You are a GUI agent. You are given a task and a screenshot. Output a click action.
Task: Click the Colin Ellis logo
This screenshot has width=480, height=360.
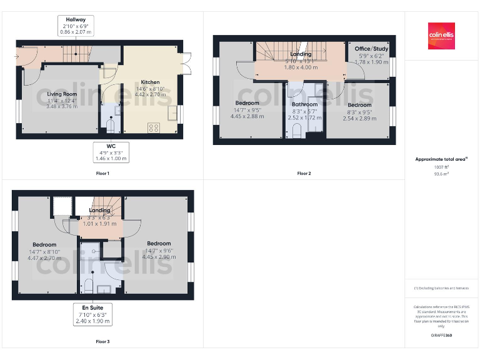click(x=441, y=36)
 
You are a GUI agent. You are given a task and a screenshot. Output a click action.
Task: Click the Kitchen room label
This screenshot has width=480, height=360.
click(x=150, y=82)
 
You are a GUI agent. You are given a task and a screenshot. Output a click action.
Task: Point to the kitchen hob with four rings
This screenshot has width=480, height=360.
click(x=152, y=128)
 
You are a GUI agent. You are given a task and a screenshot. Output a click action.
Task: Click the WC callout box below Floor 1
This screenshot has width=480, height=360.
click(x=111, y=152)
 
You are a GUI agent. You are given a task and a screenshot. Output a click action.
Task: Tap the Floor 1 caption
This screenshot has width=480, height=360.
click(x=102, y=173)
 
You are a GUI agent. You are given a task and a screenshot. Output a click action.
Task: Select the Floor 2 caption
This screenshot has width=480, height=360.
click(x=304, y=173)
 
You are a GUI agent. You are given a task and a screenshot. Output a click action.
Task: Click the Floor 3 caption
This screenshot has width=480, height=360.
click(x=102, y=342)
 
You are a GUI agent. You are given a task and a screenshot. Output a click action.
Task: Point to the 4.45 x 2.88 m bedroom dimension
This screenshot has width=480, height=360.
click(x=247, y=116)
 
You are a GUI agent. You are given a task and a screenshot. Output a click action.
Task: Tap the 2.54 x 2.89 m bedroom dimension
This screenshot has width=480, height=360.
click(x=359, y=118)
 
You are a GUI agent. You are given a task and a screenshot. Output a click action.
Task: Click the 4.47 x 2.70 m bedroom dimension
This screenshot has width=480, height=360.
click(x=44, y=257)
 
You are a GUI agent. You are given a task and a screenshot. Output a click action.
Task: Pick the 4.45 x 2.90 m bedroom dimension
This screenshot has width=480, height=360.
click(x=159, y=256)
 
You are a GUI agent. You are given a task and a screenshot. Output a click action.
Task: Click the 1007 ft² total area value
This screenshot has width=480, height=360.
click(x=441, y=167)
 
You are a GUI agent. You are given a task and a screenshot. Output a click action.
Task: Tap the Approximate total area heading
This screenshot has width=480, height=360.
click(x=441, y=159)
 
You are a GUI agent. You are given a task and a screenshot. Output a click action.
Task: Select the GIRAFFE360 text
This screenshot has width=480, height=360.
click(x=441, y=336)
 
